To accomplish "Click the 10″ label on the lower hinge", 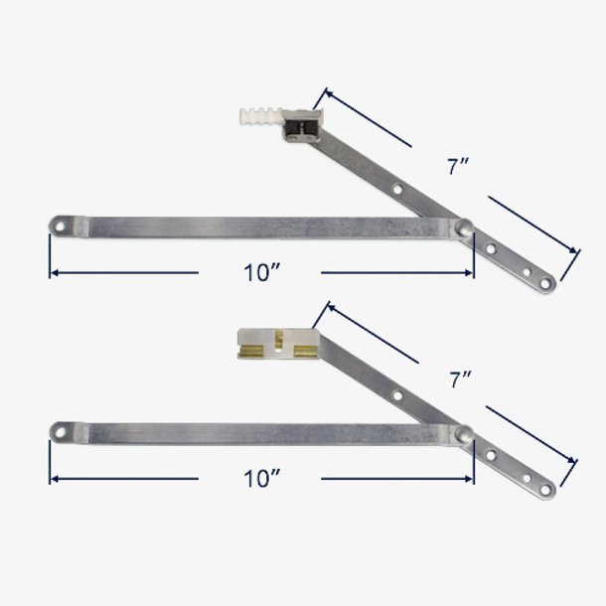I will [x=261, y=479].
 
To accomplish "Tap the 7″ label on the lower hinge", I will [x=458, y=379].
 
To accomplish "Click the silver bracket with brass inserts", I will [x=277, y=343].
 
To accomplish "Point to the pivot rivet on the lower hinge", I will [x=464, y=432].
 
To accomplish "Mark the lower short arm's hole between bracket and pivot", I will [x=397, y=394].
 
